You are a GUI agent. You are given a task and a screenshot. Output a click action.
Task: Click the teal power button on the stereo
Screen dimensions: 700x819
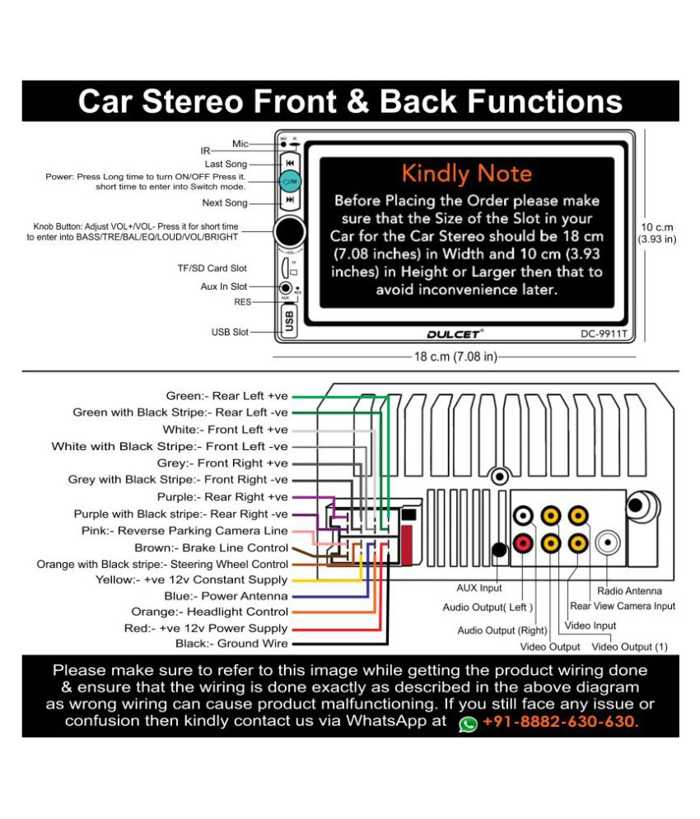[290, 181]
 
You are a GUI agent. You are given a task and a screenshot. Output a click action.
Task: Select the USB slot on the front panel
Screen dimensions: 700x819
[288, 321]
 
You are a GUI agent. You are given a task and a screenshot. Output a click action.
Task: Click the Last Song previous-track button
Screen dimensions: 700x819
[290, 163]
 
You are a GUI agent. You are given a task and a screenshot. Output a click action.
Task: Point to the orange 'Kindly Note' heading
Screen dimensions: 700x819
[466, 174]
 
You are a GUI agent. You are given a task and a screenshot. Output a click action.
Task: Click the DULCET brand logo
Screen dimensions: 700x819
[455, 333]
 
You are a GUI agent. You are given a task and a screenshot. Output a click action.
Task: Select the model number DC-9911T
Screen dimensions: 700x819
[604, 333]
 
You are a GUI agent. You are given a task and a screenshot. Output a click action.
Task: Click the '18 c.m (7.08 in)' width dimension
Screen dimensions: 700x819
[455, 356]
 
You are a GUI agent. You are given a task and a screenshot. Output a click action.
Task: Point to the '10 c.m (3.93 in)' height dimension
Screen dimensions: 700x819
[657, 233]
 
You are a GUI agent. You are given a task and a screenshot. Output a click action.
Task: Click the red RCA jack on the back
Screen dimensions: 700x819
[522, 543]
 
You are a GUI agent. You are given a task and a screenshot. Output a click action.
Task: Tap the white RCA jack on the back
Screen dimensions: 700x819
[523, 515]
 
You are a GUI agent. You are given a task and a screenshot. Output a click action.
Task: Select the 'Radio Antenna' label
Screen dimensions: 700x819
[629, 591]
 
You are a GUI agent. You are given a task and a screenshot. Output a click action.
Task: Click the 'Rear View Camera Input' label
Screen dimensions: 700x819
[623, 606]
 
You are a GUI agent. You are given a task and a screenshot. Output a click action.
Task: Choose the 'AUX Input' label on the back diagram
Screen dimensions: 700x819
[478, 589]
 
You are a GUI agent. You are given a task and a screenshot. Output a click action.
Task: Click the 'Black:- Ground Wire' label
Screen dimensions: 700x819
[231, 644]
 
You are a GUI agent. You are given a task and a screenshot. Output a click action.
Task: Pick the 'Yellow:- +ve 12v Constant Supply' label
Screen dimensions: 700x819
[191, 579]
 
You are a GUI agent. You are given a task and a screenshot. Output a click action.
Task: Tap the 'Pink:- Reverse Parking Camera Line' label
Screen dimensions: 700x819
[184, 531]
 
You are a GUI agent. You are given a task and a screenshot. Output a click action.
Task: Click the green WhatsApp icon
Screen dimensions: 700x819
[468, 724]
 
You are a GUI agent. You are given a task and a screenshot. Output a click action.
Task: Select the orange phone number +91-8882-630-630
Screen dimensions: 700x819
[561, 722]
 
